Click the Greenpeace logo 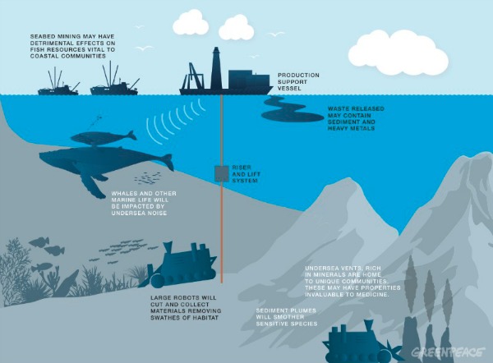coord(449,352)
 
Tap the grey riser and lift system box coord(222,174)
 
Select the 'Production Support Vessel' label coord(298,81)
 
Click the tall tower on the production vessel coord(216,68)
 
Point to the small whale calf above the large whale coord(104,138)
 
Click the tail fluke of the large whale coord(167,162)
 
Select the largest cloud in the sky coord(399,53)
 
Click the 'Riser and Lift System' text coord(246,174)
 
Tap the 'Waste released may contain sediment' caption coord(356,118)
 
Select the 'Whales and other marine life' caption coord(144,203)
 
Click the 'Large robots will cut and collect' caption coord(186,308)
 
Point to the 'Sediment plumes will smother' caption coord(287,317)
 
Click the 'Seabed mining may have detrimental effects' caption coord(72,46)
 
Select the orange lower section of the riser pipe coord(222,232)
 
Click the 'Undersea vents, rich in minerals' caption coord(352,282)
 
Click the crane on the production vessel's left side coord(192,76)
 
